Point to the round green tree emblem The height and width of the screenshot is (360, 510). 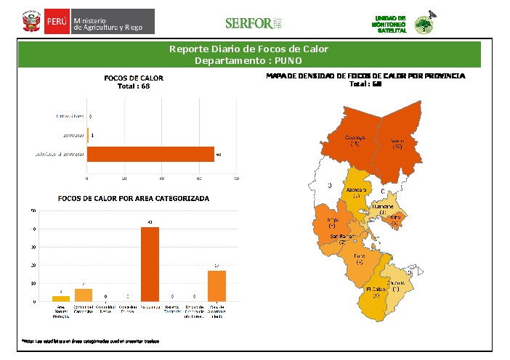[x=425, y=25]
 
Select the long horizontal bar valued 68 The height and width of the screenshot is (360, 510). [x=151, y=154]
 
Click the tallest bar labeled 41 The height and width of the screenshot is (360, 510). [x=150, y=264]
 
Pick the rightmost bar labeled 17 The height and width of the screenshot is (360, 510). [x=217, y=285]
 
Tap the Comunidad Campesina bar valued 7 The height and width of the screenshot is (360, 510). [x=84, y=295]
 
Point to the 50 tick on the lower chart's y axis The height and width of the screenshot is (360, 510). [x=33, y=211]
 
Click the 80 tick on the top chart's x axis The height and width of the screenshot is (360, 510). [x=237, y=178]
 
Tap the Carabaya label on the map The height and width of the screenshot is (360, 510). [x=355, y=140]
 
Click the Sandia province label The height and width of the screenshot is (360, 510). [x=397, y=143]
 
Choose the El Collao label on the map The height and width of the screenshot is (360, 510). [x=376, y=292]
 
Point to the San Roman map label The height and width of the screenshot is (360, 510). [x=343, y=239]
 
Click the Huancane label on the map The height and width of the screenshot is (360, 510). [x=383, y=209]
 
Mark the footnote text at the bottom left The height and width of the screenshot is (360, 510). [x=91, y=340]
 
